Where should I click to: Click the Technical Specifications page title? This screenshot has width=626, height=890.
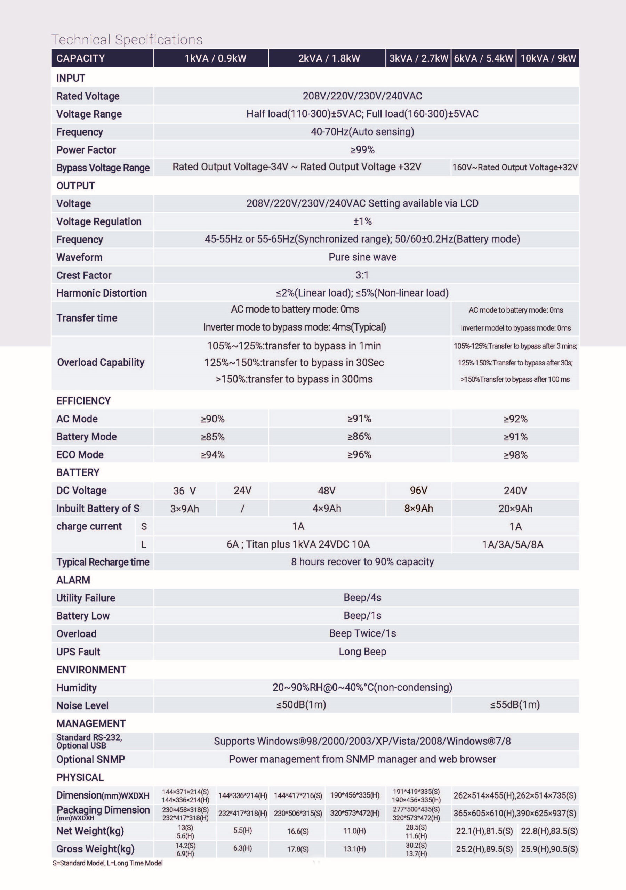[127, 40]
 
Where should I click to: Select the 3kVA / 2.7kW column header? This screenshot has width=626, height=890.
[418, 58]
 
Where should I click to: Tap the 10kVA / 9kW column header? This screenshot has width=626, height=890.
[548, 58]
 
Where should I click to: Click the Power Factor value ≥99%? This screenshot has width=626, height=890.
[362, 150]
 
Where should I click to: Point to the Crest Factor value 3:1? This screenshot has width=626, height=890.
[362, 275]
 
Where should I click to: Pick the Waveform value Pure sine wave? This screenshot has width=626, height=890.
[362, 257]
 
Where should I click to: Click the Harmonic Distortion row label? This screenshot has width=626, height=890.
[102, 293]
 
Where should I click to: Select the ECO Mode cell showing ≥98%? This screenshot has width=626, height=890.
[515, 455]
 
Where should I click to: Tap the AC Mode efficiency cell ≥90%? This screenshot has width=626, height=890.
[212, 419]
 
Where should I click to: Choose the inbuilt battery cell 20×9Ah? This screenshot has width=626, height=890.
[515, 509]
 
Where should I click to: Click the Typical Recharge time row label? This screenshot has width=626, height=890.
[103, 562]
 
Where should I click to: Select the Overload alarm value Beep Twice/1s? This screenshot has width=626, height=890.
[362, 633]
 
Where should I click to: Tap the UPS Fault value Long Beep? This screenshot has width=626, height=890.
[362, 652]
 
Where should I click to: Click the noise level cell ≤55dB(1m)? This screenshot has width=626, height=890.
[515, 705]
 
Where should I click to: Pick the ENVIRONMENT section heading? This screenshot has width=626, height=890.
[91, 670]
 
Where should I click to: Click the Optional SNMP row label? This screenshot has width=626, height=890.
[90, 759]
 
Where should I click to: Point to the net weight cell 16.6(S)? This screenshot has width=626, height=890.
[298, 831]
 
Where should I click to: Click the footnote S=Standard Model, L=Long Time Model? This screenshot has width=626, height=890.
[107, 863]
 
